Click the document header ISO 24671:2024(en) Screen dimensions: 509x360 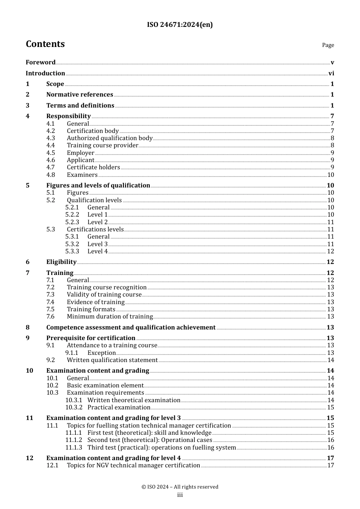coord(180,25)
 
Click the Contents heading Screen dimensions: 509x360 coord(45,44)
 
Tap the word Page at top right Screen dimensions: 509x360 coord(328,45)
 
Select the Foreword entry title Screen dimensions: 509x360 coord(41,62)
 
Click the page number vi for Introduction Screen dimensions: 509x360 coord(331,73)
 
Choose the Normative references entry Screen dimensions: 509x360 coord(80,94)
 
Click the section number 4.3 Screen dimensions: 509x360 coord(51,138)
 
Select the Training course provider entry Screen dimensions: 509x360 coord(102,145)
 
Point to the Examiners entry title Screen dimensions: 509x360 coord(82,175)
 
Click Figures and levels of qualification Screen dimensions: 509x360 coord(98,185)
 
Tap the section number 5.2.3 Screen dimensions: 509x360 coord(72,222)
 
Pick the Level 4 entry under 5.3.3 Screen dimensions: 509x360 coord(97,251)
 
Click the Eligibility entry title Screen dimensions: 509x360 coord(61,262)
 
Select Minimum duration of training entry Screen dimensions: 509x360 coord(110,317)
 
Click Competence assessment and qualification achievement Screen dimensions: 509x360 coord(131,327)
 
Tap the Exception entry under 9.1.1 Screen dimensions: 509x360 coord(101,353)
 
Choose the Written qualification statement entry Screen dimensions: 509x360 coord(112,360)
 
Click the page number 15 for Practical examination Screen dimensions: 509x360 coord(330,408)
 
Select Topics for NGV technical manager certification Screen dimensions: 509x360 coord(133,465)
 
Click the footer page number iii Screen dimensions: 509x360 coord(180,495)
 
